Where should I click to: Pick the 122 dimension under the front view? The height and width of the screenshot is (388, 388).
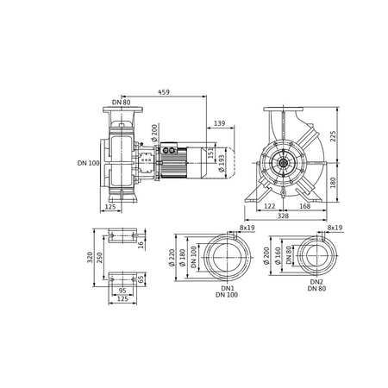pyautogui.click(x=270, y=207)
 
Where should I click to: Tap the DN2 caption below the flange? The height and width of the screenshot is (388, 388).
pyautogui.click(x=316, y=281)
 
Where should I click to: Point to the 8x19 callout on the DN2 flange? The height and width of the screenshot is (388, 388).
pyautogui.click(x=335, y=228)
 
